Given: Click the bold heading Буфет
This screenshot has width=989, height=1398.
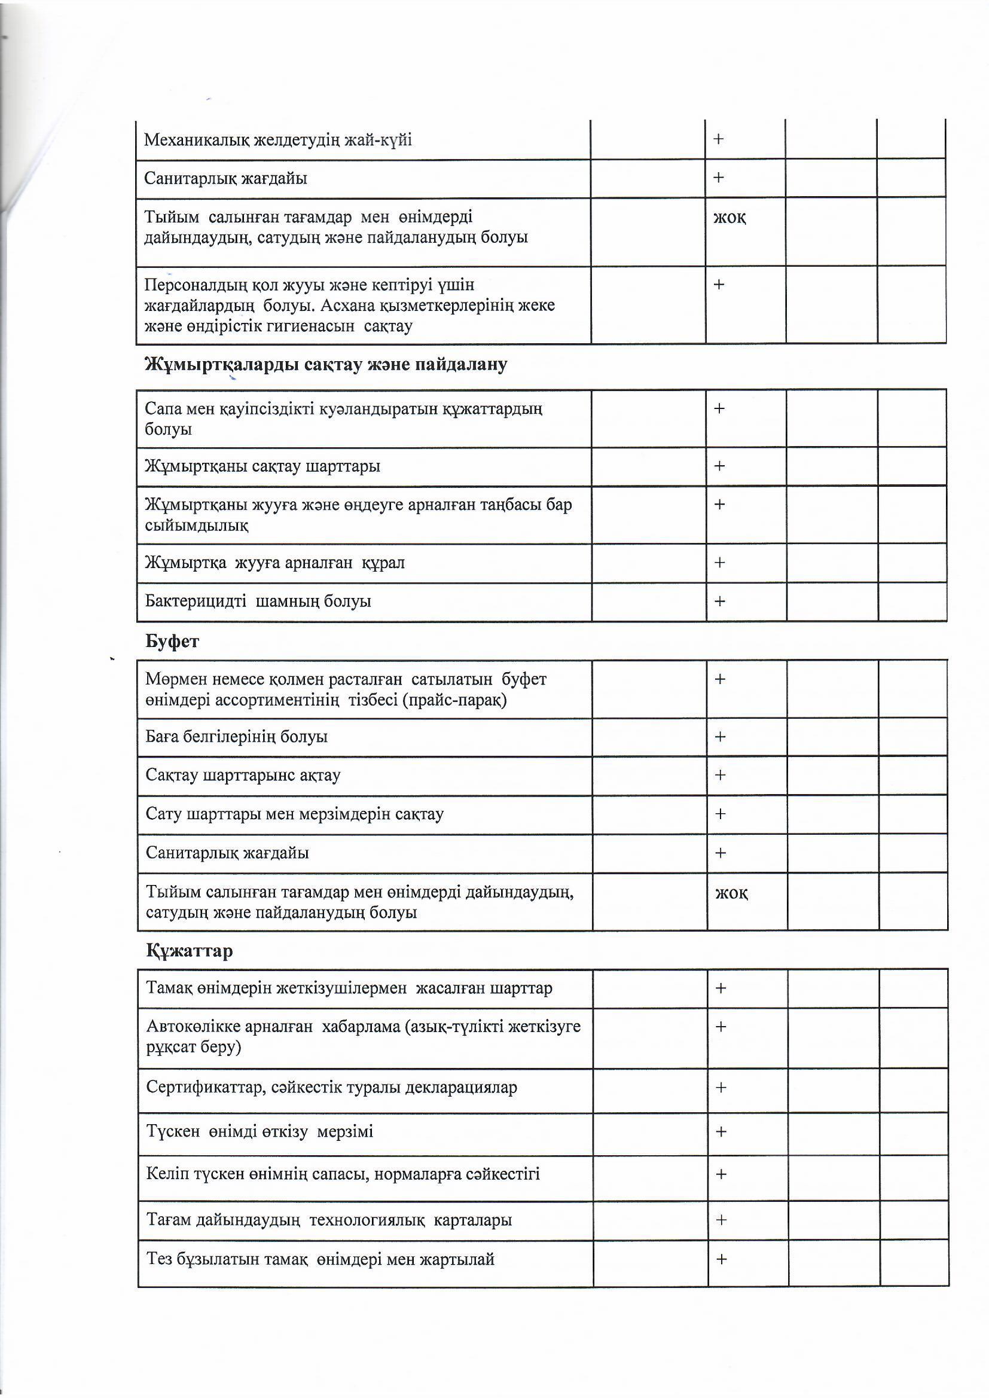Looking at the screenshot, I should pos(172,641).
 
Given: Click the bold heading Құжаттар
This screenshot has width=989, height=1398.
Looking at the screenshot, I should pos(190,951).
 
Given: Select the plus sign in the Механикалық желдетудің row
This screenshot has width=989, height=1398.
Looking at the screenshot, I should pos(719,139).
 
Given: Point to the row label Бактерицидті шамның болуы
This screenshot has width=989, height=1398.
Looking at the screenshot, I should pos(258,601).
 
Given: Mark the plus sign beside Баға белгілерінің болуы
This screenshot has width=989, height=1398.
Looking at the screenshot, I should pos(720,737).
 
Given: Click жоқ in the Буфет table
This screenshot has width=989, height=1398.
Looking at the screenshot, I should pos(731,893).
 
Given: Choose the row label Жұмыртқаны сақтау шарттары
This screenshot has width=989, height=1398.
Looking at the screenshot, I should pos(262,466).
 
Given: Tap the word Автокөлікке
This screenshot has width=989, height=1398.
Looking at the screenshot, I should pos(194,1026).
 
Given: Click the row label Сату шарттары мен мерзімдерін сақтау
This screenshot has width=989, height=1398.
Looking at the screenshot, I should pos(294,814).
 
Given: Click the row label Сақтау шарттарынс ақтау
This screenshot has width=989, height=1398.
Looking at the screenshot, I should pos(242,775).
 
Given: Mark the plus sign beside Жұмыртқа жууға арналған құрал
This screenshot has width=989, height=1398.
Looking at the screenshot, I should pos(720,562).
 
